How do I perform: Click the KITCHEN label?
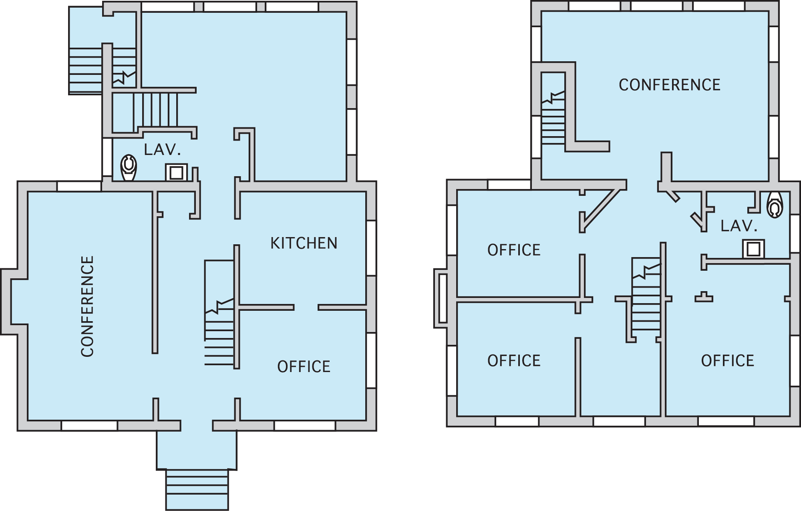pyautogui.click(x=304, y=243)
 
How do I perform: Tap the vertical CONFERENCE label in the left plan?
pyautogui.click(x=87, y=306)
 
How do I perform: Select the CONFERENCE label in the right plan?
pyautogui.click(x=670, y=85)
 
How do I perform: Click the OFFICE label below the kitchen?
pyautogui.click(x=304, y=366)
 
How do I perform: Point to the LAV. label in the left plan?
pyautogui.click(x=162, y=150)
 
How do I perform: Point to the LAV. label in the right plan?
pyautogui.click(x=739, y=226)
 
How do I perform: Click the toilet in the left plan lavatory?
pyautogui.click(x=129, y=168)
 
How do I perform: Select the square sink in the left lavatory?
pyautogui.click(x=177, y=173)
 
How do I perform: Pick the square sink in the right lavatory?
pyautogui.click(x=753, y=249)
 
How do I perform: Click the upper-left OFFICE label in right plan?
pyautogui.click(x=514, y=250)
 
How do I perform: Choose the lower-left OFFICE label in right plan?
pyautogui.click(x=514, y=361)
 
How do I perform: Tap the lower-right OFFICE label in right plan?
pyautogui.click(x=728, y=361)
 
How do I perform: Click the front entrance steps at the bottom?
pyautogui.click(x=197, y=489)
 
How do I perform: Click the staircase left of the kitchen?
pyautogui.click(x=219, y=313)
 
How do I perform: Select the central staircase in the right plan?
pyautogui.click(x=646, y=294)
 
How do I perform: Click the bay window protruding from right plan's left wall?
pyautogui.click(x=441, y=298)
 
